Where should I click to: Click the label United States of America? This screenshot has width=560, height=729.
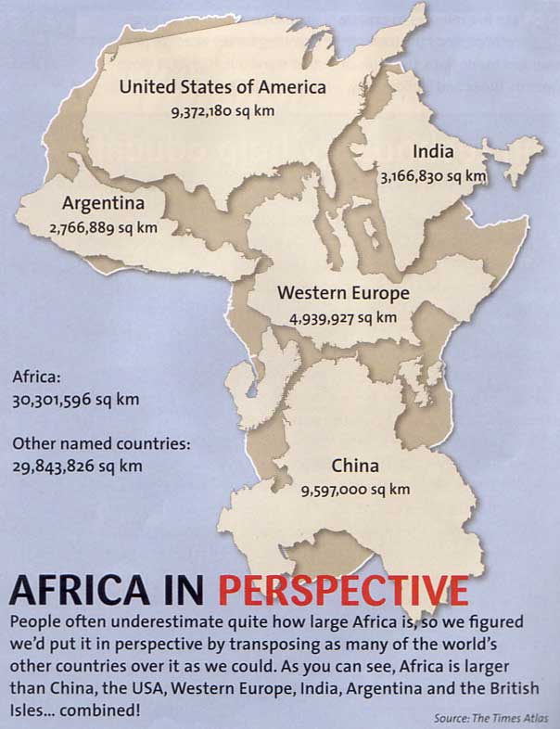click(223, 87)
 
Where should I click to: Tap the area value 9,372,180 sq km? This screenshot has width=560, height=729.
click(223, 111)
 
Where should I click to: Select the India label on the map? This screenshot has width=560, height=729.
click(433, 151)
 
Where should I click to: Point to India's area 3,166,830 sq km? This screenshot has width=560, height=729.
click(433, 174)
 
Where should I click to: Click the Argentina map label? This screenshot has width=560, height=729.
click(102, 203)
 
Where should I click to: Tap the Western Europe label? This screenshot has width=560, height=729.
click(343, 294)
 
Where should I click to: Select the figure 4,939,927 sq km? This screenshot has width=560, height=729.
click(343, 317)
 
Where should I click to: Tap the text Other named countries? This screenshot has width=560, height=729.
click(101, 443)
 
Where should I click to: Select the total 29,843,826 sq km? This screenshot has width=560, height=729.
click(78, 466)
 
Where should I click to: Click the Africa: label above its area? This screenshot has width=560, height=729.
click(36, 378)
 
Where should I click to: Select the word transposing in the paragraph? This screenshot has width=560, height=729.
click(282, 644)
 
